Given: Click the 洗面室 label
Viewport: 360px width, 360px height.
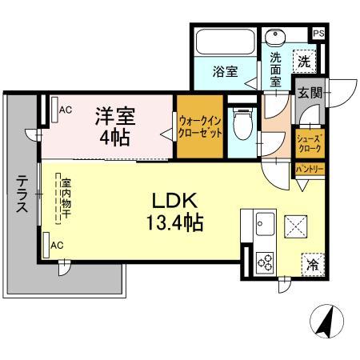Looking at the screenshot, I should pos(274,70).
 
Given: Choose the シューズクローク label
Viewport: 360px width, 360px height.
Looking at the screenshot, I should pos(310,144).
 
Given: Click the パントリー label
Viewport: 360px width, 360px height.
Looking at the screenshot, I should pos(310,170).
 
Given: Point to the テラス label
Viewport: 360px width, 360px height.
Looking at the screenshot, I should pos(22,194).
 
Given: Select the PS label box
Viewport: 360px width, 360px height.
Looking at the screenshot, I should pos(318,34).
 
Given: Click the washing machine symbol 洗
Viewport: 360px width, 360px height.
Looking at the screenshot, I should pos(304,60).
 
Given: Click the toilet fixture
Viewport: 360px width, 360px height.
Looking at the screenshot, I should pos(240,122).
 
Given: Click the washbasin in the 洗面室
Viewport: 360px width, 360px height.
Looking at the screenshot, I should pos(277,38).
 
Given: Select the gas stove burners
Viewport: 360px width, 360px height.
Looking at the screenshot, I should pos(264,260).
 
